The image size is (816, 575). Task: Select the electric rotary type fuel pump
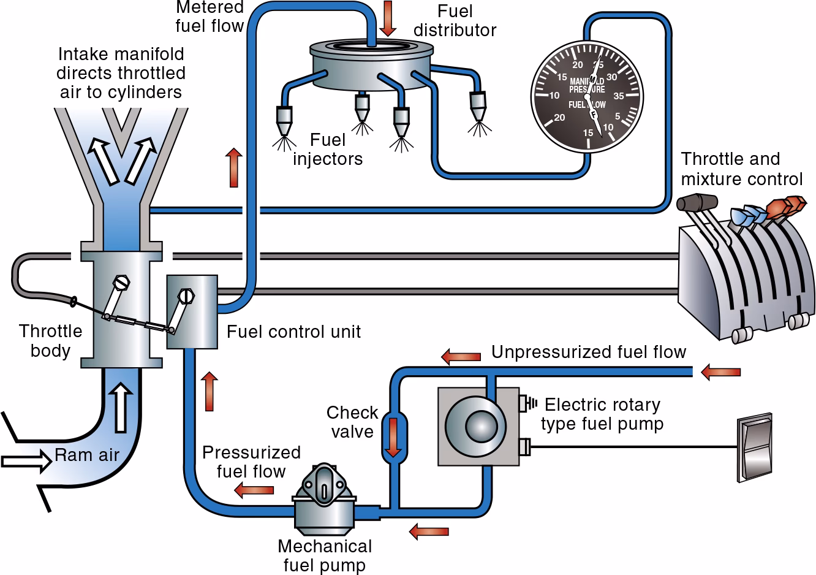(x=475, y=425)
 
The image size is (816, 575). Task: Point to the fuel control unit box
(x=192, y=311)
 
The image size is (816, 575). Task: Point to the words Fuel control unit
(x=293, y=332)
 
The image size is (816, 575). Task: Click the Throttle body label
(x=50, y=341)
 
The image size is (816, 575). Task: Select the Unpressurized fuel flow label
(x=588, y=352)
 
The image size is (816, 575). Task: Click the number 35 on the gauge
(x=618, y=96)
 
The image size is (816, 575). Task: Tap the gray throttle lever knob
(x=697, y=203)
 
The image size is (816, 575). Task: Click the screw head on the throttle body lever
(x=123, y=283)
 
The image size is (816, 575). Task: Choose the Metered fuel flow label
(x=210, y=17)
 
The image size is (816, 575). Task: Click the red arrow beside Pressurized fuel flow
(x=254, y=490)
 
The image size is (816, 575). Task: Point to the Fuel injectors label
(x=327, y=150)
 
